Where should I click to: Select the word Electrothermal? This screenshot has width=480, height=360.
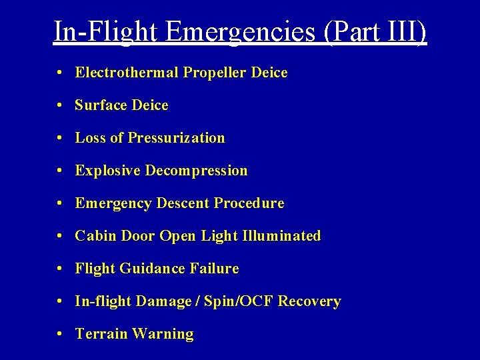coord(127,73)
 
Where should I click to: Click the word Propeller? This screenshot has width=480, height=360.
coord(215,73)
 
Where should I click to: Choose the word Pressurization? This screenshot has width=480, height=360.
coord(177,138)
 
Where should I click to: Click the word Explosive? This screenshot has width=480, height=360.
coord(107,171)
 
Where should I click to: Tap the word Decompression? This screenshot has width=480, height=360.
coord(196,171)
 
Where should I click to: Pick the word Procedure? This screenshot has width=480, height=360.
coord(249,203)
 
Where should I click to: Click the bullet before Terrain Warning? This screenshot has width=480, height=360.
coord(61,334)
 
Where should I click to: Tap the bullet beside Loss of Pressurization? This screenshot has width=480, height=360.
coord(61,138)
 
